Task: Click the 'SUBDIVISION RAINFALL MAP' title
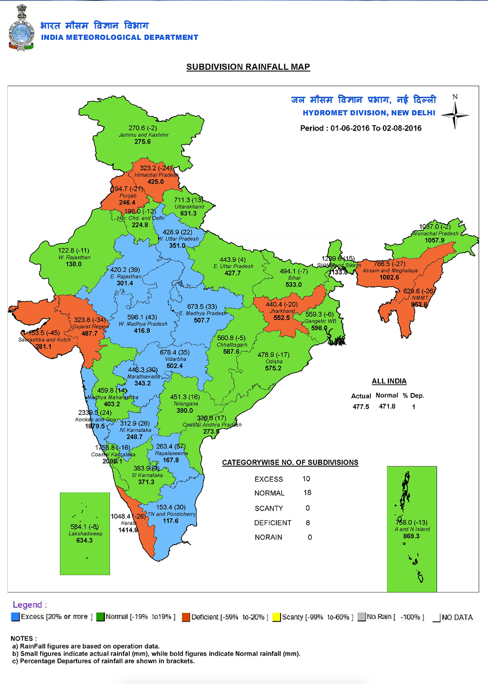coord(248,67)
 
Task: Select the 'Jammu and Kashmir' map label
coord(143,135)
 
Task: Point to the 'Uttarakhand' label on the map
coord(189,207)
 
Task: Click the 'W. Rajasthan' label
coord(74,257)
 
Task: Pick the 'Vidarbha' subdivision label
coord(175,359)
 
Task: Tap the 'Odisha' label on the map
coord(274,361)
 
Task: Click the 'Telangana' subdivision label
coord(185,404)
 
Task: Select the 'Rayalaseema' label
coord(171,453)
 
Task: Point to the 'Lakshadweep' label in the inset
coord(85,533)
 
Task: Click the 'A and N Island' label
coord(412,529)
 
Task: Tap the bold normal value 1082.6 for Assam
coord(389,277)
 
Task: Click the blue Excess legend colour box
coord(16,617)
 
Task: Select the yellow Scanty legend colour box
coord(277,617)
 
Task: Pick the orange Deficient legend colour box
coord(186,617)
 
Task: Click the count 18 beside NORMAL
coord(307,493)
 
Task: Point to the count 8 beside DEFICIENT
coord(308,523)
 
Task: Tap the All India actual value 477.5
coord(361,407)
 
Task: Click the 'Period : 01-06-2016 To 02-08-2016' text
coord(361,128)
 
